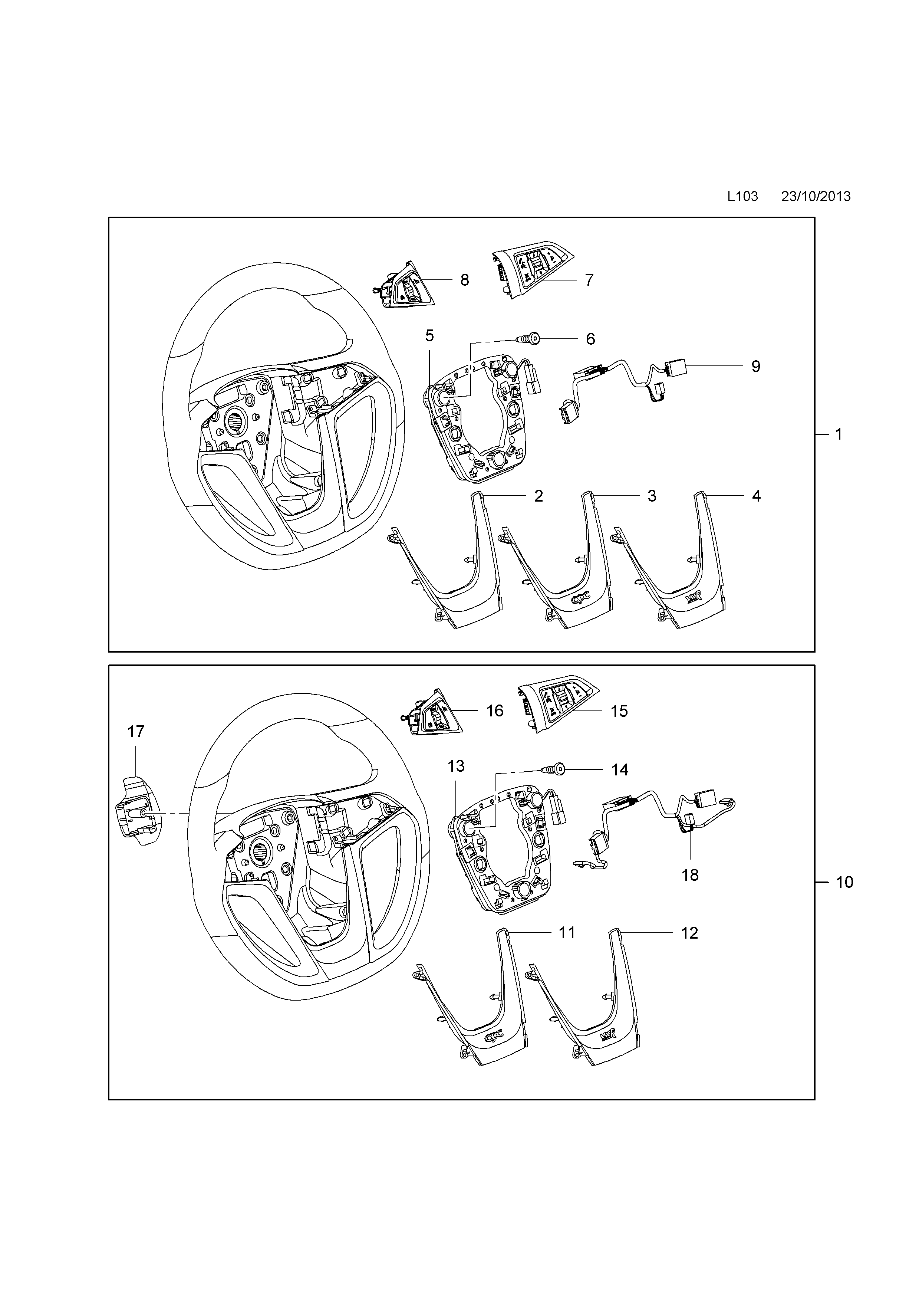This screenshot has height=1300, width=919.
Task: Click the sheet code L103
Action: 742,197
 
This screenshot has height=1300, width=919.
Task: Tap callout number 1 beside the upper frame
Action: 839,434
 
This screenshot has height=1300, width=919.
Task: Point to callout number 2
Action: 539,496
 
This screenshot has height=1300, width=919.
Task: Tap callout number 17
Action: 136,732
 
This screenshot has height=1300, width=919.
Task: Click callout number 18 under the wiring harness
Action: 690,875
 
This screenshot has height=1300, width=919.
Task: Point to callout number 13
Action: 456,766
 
